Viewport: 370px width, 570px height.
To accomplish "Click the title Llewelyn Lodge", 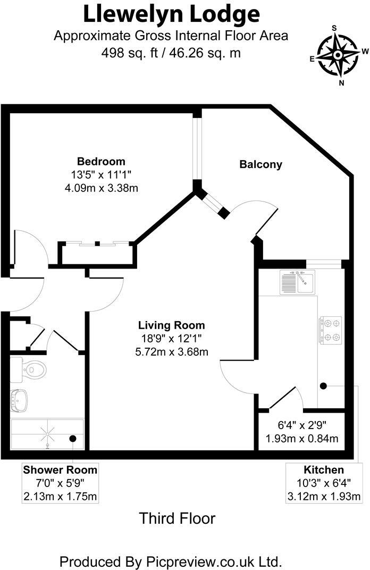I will (x=171, y=14).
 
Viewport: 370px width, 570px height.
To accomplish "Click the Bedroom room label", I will (x=101, y=162).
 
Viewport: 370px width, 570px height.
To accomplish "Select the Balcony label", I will (x=260, y=165).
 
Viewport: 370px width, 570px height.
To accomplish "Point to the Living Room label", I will (x=171, y=325).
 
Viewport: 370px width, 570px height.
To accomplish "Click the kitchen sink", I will (x=297, y=281).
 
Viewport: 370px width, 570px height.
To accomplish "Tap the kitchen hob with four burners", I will (x=330, y=330).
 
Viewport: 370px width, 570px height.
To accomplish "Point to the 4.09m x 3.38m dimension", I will (x=101, y=188).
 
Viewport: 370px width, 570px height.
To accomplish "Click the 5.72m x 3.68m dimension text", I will (x=171, y=351).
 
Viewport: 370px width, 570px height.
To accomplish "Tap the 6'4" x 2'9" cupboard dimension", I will (x=302, y=425).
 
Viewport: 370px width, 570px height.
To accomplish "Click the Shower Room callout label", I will (x=60, y=470).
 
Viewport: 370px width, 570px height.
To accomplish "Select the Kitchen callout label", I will (x=324, y=470).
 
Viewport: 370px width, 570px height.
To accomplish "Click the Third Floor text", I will (x=177, y=518).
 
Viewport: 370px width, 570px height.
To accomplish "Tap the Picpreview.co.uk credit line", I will (x=170, y=561).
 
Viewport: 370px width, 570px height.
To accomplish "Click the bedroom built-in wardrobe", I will (x=97, y=254).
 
